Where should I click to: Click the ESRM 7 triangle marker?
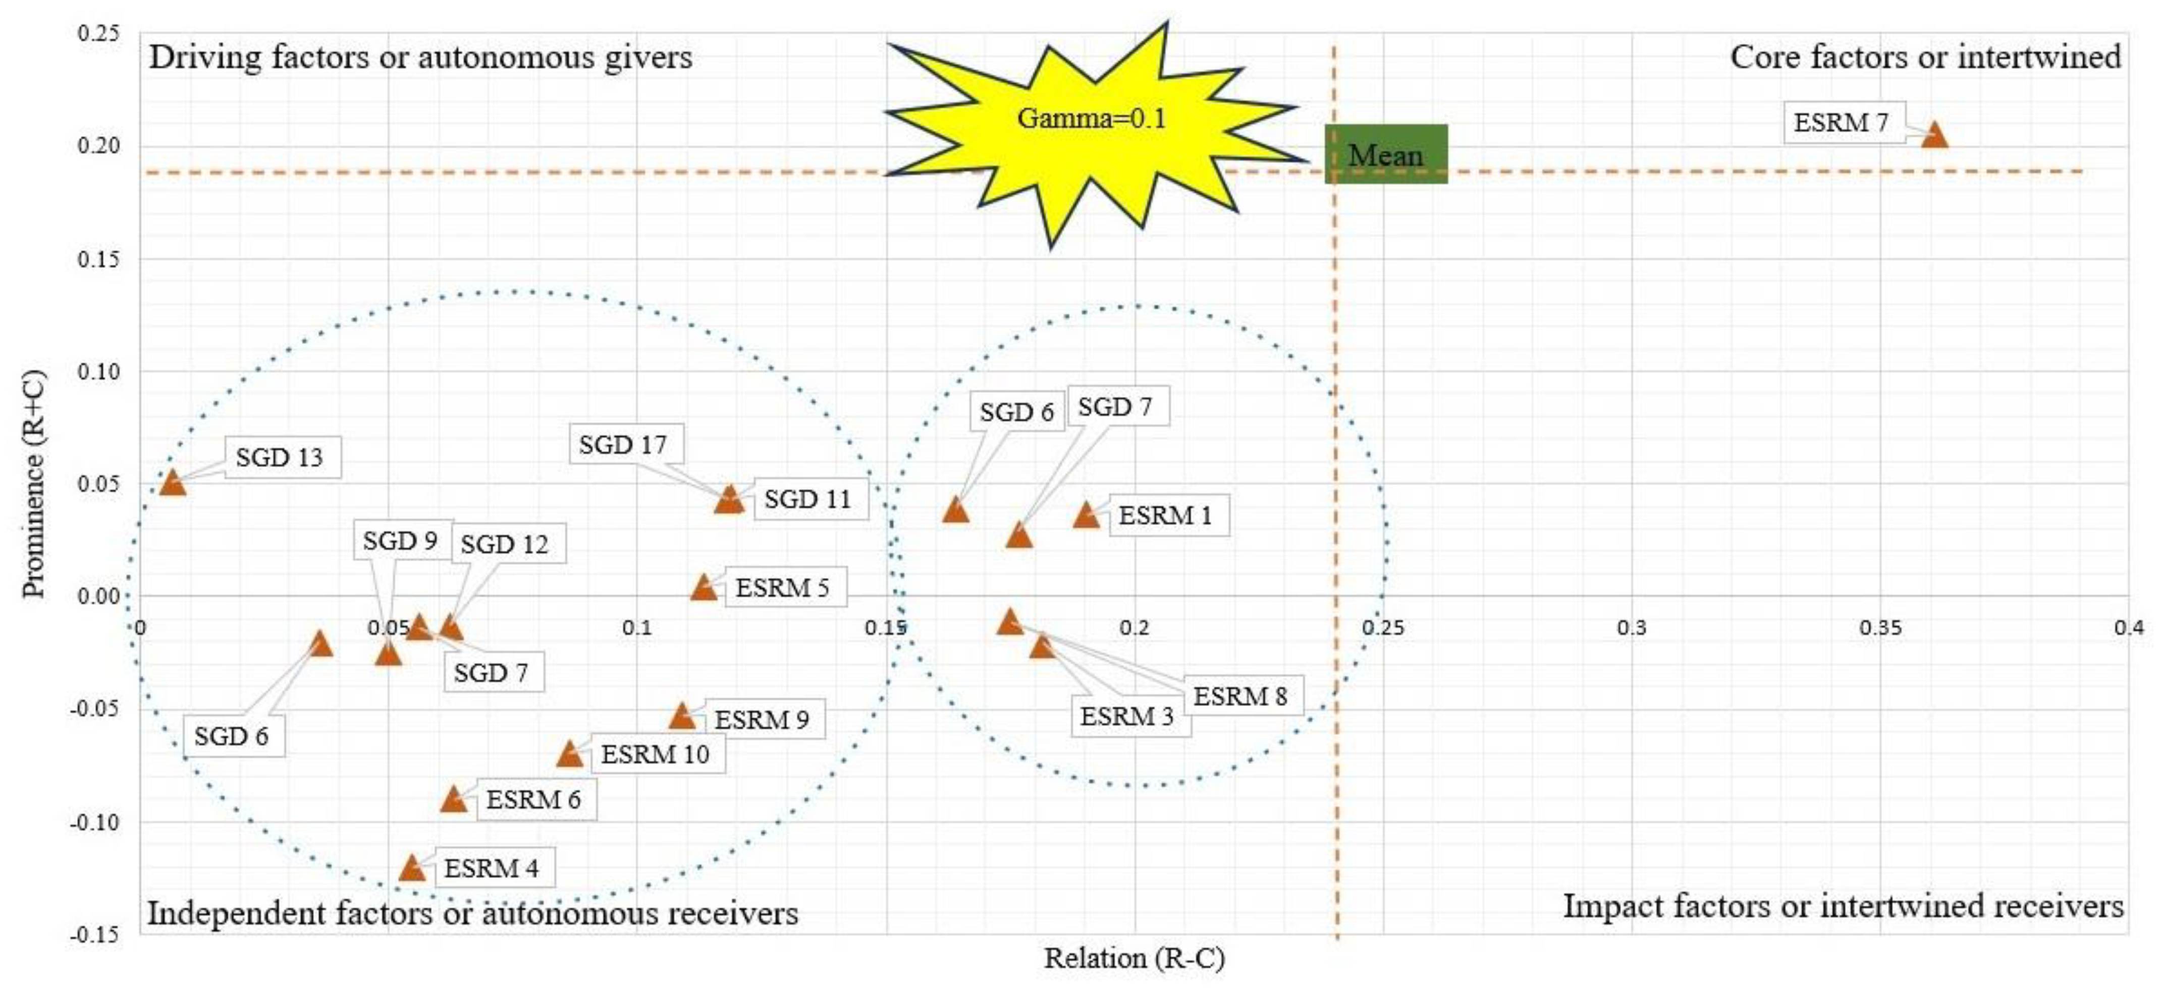pyautogui.click(x=1934, y=135)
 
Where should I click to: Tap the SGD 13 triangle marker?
pyautogui.click(x=173, y=482)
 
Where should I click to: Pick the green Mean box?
pyautogui.click(x=1386, y=154)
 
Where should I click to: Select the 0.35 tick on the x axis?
pyautogui.click(x=1881, y=627)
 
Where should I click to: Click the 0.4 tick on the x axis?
pyautogui.click(x=2128, y=627)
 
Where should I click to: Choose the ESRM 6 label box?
pyautogui.click(x=533, y=800)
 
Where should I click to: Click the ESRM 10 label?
pyautogui.click(x=655, y=754)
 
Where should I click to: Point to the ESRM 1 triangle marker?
pyautogui.click(x=1087, y=515)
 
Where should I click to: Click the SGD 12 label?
pyautogui.click(x=505, y=544)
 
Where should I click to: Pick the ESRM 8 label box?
pyautogui.click(x=1240, y=696)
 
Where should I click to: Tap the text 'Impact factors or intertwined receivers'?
pyautogui.click(x=1843, y=906)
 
